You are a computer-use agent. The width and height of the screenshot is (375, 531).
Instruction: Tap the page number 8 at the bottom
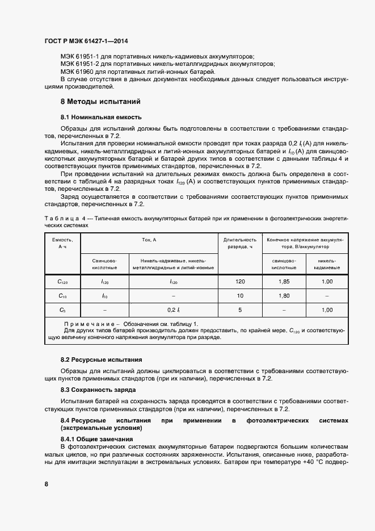[46, 484]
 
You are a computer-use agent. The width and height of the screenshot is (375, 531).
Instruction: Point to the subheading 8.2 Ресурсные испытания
[101, 360]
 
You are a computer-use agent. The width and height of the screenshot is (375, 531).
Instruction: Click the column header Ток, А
[150, 240]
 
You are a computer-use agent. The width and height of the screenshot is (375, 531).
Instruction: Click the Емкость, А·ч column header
[62, 243]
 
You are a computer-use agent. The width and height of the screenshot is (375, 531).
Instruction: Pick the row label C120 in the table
[62, 282]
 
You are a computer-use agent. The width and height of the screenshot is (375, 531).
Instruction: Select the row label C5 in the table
[62, 310]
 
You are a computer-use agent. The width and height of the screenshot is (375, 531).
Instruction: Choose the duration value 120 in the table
[240, 282]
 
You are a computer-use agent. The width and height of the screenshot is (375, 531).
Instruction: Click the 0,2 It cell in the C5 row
[174, 310]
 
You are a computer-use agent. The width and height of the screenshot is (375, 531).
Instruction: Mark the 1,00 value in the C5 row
[327, 310]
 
